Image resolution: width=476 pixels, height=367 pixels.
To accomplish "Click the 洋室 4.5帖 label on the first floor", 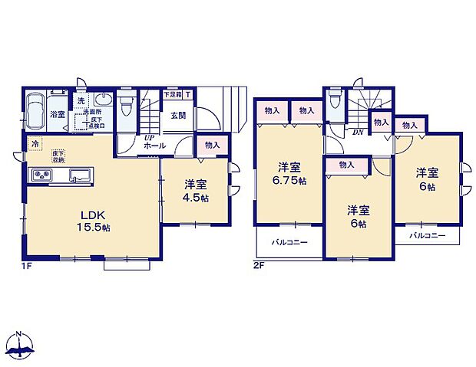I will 194,189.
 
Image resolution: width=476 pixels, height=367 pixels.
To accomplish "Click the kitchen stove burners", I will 41,176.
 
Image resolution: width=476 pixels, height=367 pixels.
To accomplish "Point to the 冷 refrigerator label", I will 35,143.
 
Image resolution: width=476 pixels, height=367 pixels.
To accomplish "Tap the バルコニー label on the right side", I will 426,235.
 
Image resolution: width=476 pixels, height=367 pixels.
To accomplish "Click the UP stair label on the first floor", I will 149,137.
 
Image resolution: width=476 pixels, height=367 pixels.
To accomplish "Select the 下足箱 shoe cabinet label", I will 172,95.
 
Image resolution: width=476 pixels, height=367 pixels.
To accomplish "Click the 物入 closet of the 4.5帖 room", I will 212,145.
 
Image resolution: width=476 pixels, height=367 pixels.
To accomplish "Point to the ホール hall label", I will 154,145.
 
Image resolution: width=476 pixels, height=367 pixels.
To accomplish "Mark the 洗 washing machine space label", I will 81,100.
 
